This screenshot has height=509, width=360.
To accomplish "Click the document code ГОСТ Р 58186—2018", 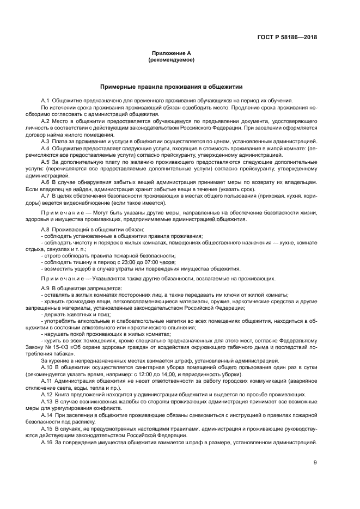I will pos(286,38).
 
